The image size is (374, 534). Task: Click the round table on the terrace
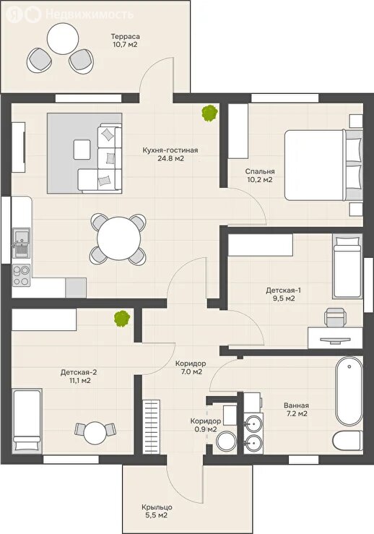click(63, 38)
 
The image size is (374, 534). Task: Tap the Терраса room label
click(125, 36)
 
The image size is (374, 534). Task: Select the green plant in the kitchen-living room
click(209, 113)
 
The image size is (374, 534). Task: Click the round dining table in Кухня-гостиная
click(118, 238)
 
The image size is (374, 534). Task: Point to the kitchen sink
click(22, 242)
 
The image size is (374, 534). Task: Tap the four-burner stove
click(21, 275)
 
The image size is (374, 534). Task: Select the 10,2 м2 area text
click(259, 180)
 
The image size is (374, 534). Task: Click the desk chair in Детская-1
click(335, 317)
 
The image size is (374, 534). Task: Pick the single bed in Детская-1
click(347, 266)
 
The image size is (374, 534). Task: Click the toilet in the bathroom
click(348, 442)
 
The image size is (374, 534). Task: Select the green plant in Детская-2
click(122, 319)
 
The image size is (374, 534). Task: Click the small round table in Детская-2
click(95, 433)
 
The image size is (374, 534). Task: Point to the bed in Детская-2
click(27, 421)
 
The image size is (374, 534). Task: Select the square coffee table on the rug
click(82, 150)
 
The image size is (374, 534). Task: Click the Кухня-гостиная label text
click(170, 150)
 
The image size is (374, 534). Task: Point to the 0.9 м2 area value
click(206, 429)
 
